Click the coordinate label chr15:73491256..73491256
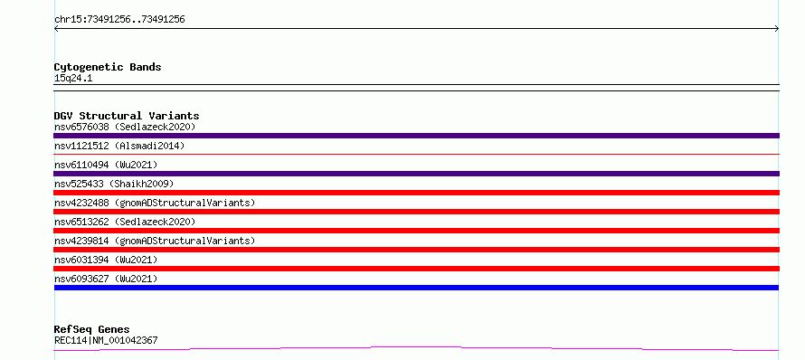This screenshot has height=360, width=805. click(119, 20)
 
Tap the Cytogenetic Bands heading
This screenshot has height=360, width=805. click(108, 67)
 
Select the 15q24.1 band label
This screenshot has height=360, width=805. click(73, 79)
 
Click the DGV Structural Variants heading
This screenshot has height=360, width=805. click(127, 116)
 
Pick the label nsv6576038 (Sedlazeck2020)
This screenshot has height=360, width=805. click(125, 127)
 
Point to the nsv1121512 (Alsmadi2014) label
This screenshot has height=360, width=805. click(119, 146)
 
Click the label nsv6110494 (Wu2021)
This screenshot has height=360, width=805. click(106, 165)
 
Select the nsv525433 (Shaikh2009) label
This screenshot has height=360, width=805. click(114, 184)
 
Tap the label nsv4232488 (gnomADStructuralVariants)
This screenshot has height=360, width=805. click(155, 203)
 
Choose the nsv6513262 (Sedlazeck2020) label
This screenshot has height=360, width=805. click(125, 222)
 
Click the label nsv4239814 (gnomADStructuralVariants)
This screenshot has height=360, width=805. click(155, 241)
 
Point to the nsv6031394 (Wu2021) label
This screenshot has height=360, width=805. click(106, 260)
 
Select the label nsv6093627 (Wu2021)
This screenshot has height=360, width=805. click(106, 279)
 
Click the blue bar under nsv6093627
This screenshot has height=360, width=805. click(416, 288)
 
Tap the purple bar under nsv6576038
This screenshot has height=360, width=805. click(416, 136)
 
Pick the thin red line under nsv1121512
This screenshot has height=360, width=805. click(416, 154)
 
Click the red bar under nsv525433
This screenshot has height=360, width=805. click(416, 193)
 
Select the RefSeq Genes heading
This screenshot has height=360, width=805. click(92, 329)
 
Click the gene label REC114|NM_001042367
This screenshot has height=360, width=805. click(106, 340)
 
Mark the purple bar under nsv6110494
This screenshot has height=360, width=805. click(416, 174)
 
